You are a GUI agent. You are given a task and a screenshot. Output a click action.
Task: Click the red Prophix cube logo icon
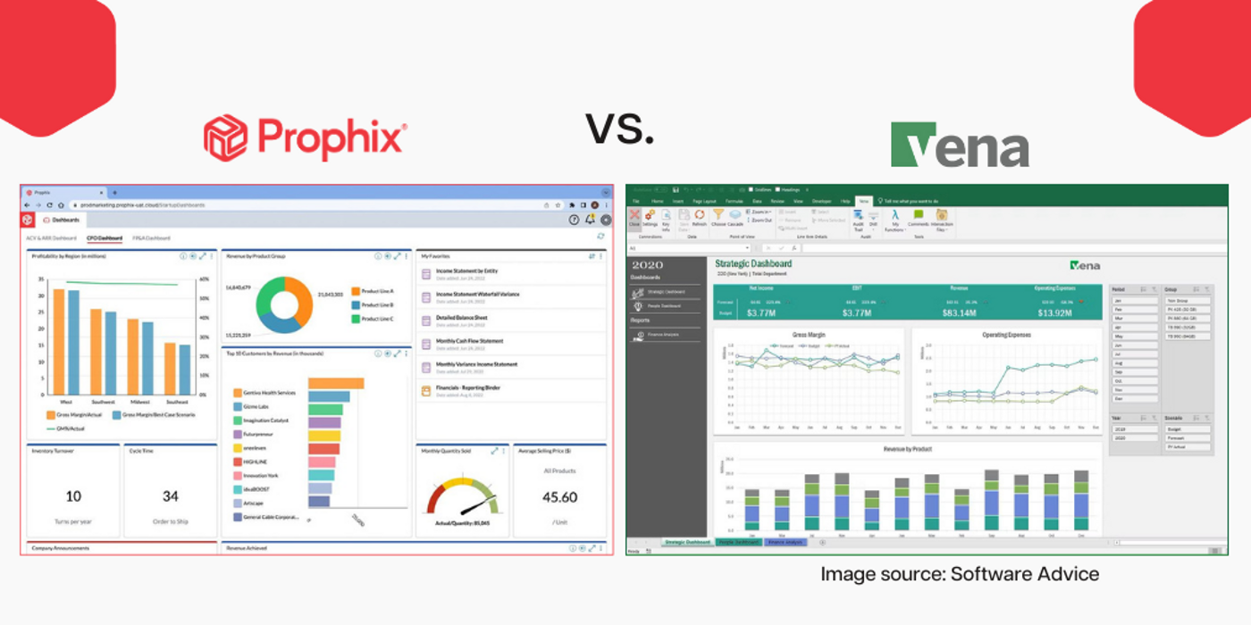point(225,137)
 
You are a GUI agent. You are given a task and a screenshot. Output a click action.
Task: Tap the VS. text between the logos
point(620,129)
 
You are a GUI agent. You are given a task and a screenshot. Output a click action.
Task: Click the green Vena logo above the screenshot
point(959,145)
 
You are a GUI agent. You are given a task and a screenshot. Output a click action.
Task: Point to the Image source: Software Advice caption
point(960,574)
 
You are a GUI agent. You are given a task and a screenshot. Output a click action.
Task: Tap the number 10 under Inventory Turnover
point(73,496)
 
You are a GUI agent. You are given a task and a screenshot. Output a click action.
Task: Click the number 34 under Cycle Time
point(170,496)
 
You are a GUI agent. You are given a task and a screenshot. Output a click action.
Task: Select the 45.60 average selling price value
point(560,497)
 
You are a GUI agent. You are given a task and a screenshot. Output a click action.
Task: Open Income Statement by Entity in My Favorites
point(466,271)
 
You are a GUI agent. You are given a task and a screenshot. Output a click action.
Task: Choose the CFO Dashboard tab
point(104,238)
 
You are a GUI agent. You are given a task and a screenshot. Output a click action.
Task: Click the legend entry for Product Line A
point(377,291)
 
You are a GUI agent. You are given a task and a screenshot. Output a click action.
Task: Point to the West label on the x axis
point(64,401)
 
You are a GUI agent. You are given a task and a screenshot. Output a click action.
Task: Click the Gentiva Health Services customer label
point(269,393)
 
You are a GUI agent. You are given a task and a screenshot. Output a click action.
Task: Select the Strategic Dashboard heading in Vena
point(753,263)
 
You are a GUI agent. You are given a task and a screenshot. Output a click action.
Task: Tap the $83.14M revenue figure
point(960,313)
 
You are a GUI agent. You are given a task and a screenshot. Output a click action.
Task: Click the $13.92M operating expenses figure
point(1054,313)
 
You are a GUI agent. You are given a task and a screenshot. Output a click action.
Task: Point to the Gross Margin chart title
point(810,335)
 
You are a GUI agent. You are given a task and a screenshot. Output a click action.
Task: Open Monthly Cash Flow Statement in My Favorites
point(469,341)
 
